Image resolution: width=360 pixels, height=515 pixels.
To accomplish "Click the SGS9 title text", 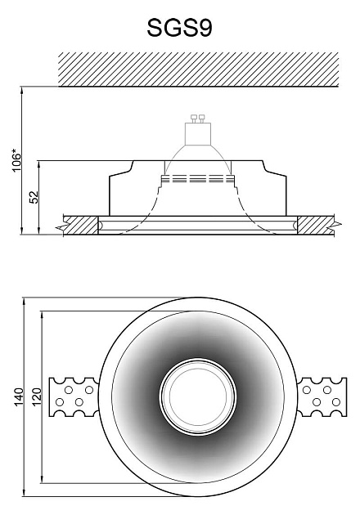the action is click(179, 28).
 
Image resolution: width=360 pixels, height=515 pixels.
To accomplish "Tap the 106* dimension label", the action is click(16, 160).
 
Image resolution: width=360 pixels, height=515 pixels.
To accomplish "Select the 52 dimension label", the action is click(34, 197).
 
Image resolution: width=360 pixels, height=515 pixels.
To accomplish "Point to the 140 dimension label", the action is click(19, 396).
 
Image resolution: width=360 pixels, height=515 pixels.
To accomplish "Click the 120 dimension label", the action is click(37, 396).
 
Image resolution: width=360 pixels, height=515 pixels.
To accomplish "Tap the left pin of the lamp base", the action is click(194, 119).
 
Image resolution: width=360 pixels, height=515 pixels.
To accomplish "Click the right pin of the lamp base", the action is click(202, 119).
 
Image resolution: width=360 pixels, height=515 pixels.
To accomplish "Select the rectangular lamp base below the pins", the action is click(197, 134).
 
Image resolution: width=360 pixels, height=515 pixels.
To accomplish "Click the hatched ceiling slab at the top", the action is click(198, 69).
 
